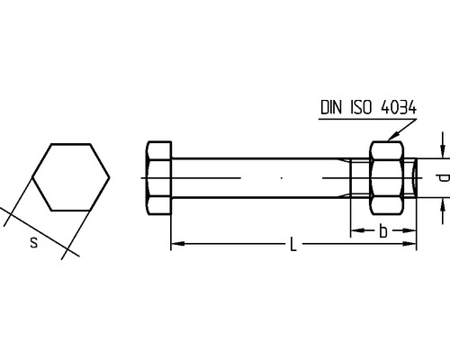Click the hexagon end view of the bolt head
[71, 176]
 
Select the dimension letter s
[33, 242]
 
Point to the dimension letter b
[383, 232]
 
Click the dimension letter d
[441, 178]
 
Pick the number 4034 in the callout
[399, 108]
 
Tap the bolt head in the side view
[158, 177]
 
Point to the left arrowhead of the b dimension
[355, 232]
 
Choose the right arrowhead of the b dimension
[412, 232]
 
